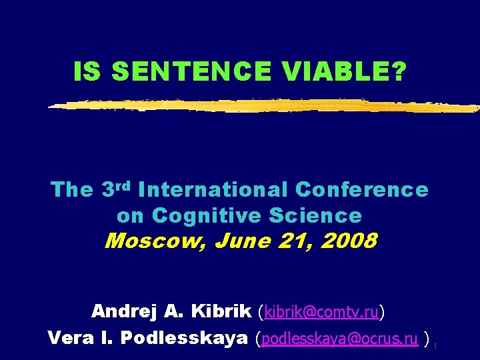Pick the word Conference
(x=361, y=190)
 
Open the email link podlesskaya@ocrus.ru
(x=341, y=339)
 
